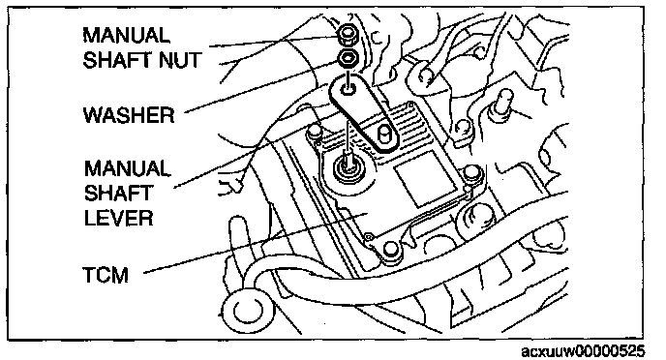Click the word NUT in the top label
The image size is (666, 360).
click(180, 60)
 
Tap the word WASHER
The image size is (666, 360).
click(129, 115)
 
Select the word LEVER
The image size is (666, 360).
click(118, 218)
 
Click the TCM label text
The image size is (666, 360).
click(106, 275)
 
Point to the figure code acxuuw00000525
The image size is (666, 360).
click(583, 351)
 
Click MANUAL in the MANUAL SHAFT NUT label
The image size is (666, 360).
click(126, 35)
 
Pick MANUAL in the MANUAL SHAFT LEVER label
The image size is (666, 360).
click(127, 168)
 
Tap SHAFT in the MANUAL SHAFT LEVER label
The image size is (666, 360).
click(118, 194)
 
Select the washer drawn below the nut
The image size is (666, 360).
click(348, 58)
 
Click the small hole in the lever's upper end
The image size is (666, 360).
click(349, 89)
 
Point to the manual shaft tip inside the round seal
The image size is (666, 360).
click(349, 162)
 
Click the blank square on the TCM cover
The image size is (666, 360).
click(423, 179)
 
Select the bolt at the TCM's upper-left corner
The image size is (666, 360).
click(314, 131)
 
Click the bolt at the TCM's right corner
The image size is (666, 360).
click(470, 172)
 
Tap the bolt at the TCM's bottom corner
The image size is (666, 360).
click(391, 250)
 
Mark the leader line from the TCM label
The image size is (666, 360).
click(255, 243)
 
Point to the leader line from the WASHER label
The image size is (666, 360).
click(262, 87)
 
